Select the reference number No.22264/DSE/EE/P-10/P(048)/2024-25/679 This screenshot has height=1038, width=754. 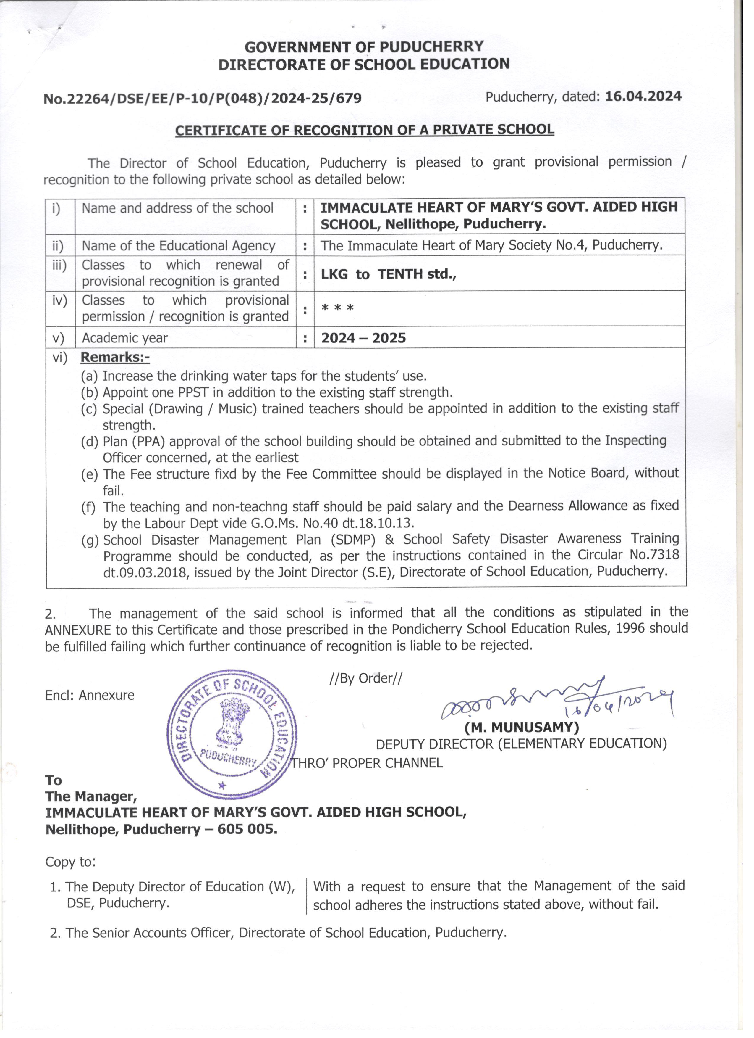203,98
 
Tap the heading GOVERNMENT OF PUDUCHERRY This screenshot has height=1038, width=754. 364,47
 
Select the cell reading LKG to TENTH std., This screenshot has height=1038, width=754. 388,274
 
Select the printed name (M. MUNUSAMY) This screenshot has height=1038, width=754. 521,727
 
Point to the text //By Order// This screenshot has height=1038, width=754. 366,678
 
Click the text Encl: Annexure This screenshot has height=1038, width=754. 90,695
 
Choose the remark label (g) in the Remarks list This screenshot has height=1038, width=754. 90,540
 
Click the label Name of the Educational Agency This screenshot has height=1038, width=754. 178,246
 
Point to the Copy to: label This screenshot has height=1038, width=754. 70,862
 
